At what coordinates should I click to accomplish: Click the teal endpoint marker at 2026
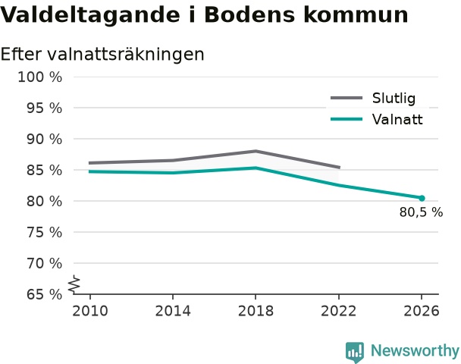422,198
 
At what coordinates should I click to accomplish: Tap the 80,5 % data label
421,212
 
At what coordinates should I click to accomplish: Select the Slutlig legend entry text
394,98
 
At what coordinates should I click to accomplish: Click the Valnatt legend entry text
397,119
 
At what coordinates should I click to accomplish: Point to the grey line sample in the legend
347,98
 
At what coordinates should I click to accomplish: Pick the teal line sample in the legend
347,119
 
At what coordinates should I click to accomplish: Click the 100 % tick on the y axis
40,77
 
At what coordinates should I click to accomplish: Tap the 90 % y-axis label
45,139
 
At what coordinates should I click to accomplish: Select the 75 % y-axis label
45,232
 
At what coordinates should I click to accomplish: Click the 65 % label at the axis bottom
45,294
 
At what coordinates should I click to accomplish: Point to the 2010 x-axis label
90,311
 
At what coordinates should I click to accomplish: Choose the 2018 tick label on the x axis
256,311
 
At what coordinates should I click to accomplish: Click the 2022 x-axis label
338,311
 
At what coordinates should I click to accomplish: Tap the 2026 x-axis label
422,311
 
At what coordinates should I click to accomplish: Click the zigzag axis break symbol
74,284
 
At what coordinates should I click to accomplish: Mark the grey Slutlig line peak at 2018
256,151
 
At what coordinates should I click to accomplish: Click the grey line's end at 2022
340,168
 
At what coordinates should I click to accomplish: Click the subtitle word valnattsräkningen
126,55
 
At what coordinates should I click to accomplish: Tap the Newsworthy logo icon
355,352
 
